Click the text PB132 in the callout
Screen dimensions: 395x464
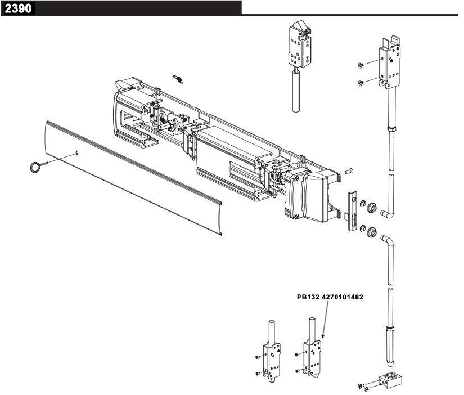click(309, 299)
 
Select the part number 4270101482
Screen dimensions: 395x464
click(345, 299)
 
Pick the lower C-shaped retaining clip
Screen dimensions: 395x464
click(361, 229)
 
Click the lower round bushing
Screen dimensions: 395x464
click(371, 231)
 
